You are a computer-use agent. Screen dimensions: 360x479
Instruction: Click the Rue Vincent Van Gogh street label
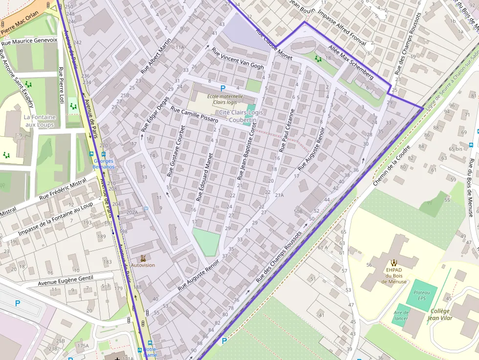point(238,59)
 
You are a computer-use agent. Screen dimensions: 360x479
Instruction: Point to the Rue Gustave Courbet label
point(176,151)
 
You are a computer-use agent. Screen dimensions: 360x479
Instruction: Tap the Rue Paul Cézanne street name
point(287,129)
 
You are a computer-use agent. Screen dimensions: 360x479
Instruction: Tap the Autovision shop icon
point(143,257)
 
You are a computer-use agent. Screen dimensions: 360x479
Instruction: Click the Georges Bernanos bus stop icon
point(90,154)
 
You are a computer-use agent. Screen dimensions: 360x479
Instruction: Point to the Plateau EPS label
point(421,295)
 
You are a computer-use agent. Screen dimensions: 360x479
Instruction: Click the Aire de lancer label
point(401,316)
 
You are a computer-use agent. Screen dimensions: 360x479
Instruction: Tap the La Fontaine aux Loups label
point(40,121)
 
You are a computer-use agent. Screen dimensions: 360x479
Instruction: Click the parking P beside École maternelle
point(223,88)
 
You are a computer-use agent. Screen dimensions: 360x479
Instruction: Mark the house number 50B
point(298,211)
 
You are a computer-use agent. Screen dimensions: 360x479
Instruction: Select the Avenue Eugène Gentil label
point(65,280)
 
